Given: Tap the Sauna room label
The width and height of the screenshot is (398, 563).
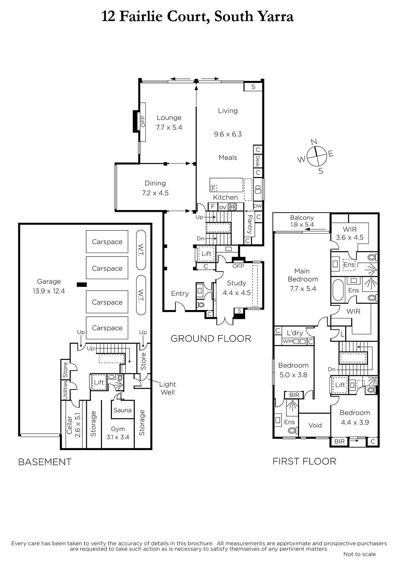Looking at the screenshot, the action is pos(122,410).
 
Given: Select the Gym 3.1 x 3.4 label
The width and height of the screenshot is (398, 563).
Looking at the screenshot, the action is pos(118,433).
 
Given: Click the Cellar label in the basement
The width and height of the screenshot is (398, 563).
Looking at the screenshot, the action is pos(69,425).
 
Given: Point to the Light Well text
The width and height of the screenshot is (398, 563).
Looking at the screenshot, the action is pos(168,388).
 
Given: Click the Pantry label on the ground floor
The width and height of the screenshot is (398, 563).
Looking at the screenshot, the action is pos(250,224).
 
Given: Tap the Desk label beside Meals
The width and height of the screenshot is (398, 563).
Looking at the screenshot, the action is pos(258,161).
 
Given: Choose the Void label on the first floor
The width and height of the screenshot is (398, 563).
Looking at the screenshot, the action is pos(315,425).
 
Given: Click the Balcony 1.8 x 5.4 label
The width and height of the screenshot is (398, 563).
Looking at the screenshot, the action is pos(302,221).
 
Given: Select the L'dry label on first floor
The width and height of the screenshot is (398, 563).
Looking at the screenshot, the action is pos(295,333).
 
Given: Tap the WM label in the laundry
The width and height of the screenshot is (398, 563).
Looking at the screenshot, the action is pos(288,342).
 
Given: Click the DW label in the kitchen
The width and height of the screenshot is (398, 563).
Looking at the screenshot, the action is pos(258,206).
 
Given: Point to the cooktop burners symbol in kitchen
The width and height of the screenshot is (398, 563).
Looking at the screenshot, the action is pos(232,207).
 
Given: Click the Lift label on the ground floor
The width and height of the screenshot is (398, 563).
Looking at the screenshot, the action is pos(207,254).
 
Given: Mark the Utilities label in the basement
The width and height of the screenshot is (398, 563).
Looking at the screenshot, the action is pos(65,390).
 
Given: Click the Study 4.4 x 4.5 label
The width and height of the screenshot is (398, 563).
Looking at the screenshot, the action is pos(236,288).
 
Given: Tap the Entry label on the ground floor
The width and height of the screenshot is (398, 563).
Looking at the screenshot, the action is pos(180,293).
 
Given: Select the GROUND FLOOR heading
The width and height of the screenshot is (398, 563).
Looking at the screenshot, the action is pos(211,339).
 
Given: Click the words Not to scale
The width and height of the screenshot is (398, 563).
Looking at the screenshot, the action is pos(360,554).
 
